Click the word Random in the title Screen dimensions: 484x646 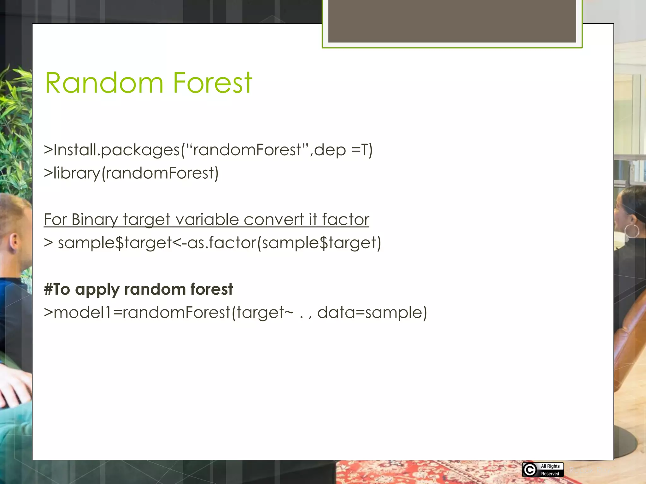tap(104, 83)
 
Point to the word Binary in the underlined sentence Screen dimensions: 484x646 tap(94, 220)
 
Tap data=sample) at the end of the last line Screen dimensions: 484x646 tap(372, 313)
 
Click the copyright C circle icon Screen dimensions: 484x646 tap(530, 470)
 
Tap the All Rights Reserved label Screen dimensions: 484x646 tap(550, 470)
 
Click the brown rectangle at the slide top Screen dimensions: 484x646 tap(452, 21)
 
